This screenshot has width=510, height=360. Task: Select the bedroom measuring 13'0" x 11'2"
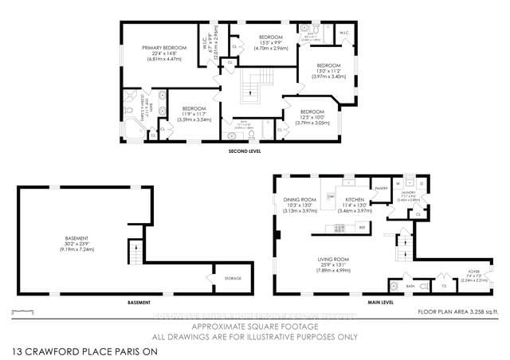(x=329, y=72)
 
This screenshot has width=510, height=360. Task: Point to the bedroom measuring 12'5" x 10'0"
(x=312, y=117)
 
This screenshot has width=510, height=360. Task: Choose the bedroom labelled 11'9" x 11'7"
(x=189, y=113)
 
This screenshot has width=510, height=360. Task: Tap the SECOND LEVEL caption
(x=244, y=150)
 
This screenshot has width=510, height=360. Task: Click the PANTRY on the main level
(x=381, y=188)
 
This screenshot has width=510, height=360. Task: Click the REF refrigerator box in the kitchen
(x=362, y=228)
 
